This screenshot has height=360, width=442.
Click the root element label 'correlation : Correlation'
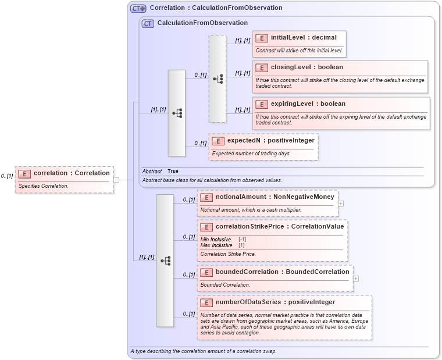[72, 173]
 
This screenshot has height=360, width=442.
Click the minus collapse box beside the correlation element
[116, 180]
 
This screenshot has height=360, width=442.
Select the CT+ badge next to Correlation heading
[138, 8]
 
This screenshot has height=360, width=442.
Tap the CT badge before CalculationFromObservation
[148, 23]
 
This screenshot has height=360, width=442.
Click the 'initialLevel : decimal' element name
[304, 38]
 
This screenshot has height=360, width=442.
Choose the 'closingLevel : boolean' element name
[307, 67]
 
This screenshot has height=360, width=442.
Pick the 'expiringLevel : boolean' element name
[308, 104]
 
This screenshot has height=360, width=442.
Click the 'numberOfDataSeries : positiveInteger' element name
[275, 302]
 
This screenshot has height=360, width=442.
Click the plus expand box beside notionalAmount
[341, 204]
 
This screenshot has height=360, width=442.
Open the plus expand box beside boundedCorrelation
[356, 279]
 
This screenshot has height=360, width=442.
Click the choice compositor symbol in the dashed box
[218, 79]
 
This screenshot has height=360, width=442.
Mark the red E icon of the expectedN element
[218, 141]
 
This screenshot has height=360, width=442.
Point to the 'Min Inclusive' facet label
[215, 240]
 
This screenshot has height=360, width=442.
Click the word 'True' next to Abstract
[173, 171]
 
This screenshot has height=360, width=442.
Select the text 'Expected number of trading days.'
[251, 154]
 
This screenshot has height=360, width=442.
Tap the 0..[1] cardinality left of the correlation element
[7, 176]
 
